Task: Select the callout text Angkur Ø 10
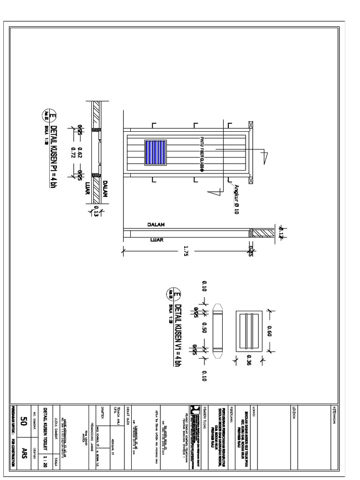click(x=239, y=199)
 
